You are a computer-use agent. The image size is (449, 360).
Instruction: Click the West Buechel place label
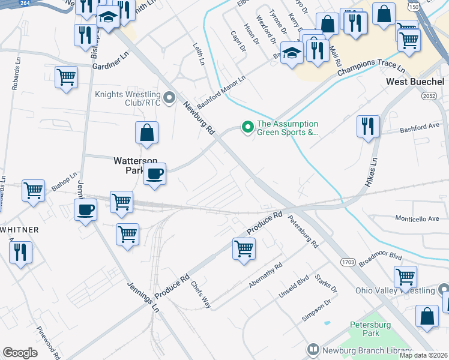415,81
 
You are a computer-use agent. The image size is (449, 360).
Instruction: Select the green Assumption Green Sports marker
246,127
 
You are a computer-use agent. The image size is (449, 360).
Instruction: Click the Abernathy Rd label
265,275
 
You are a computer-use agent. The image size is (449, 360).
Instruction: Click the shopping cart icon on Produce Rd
244,248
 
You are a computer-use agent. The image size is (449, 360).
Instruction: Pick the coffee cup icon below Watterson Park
155,175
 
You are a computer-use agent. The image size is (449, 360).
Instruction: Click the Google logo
20,353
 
